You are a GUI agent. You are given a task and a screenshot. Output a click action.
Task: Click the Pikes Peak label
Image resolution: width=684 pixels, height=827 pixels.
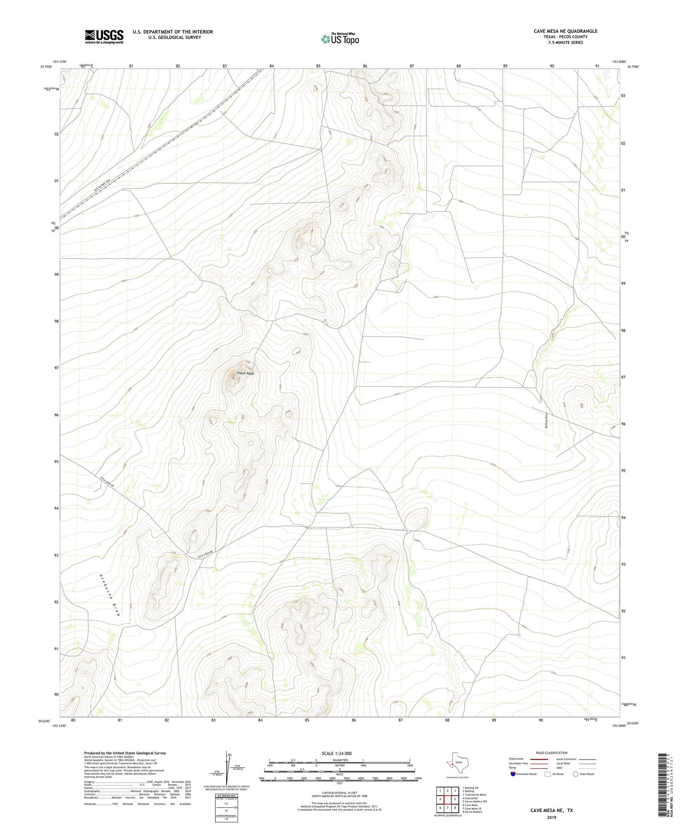(x=245, y=373)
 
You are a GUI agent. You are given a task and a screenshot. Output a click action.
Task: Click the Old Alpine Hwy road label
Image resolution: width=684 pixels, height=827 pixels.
(x=103, y=185)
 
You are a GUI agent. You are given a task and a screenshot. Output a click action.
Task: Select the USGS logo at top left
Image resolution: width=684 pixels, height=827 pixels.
(x=104, y=36)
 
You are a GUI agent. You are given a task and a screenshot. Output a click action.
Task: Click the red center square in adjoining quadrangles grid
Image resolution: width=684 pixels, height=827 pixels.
(x=448, y=800)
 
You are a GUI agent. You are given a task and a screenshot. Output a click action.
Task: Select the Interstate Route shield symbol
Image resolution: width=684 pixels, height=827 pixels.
(x=513, y=774)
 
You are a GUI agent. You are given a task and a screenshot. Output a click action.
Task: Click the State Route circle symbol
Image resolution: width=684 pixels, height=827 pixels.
(x=575, y=774)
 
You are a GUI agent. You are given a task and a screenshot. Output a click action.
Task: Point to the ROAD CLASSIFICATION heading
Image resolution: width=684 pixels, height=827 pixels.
(x=551, y=753)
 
